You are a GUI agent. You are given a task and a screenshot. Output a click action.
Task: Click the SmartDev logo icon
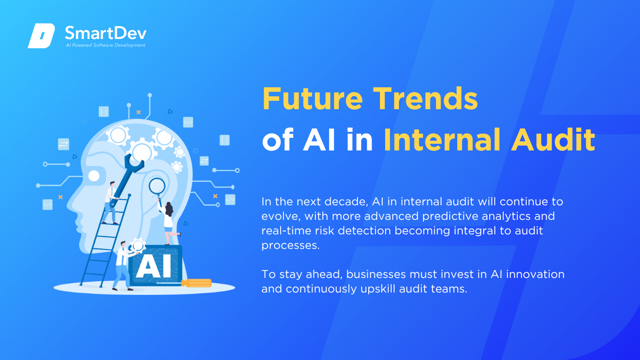click(x=41, y=36)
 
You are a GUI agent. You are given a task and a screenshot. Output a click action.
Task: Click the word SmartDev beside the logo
click(x=106, y=33)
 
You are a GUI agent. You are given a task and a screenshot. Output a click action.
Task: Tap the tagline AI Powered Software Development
click(x=106, y=45)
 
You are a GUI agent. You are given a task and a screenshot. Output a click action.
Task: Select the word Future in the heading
click(x=313, y=98)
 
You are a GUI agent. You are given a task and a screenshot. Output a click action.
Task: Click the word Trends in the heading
click(x=425, y=98)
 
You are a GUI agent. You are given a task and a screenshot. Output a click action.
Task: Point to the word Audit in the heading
click(x=553, y=140)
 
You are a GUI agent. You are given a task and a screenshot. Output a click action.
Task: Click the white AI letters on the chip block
click(x=154, y=266)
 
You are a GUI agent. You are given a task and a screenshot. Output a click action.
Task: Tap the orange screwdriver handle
click(x=197, y=283)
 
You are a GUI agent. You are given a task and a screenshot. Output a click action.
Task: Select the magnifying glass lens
click(x=157, y=186)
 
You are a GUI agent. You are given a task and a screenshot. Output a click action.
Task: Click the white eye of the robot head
click(x=94, y=176)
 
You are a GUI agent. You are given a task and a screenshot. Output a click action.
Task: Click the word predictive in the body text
click(x=450, y=217)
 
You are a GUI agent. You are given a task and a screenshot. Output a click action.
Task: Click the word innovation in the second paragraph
click(x=535, y=274)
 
